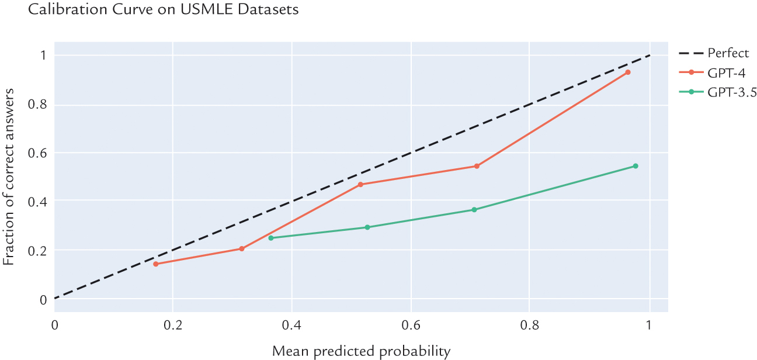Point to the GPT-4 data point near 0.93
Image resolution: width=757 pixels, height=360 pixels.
point(628,72)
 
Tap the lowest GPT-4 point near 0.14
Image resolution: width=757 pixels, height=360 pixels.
point(155,264)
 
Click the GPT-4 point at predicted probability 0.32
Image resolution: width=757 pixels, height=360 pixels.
point(242,249)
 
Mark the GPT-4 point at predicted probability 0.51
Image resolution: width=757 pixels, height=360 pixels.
point(360,185)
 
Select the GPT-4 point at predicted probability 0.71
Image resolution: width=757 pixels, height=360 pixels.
point(477,166)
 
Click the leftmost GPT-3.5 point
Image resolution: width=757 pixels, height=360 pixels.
point(270,238)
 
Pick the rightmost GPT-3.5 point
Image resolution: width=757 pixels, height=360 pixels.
point(636,166)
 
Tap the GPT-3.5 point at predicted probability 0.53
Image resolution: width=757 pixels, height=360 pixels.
point(367,227)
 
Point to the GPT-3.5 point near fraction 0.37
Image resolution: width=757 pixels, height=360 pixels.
point(474,210)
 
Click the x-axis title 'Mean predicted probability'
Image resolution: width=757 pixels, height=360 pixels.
point(362,351)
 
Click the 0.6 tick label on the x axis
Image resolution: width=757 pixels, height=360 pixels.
point(411,324)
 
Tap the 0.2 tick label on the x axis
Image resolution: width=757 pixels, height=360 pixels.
point(172,324)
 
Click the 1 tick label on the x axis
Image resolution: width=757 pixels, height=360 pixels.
point(649,324)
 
